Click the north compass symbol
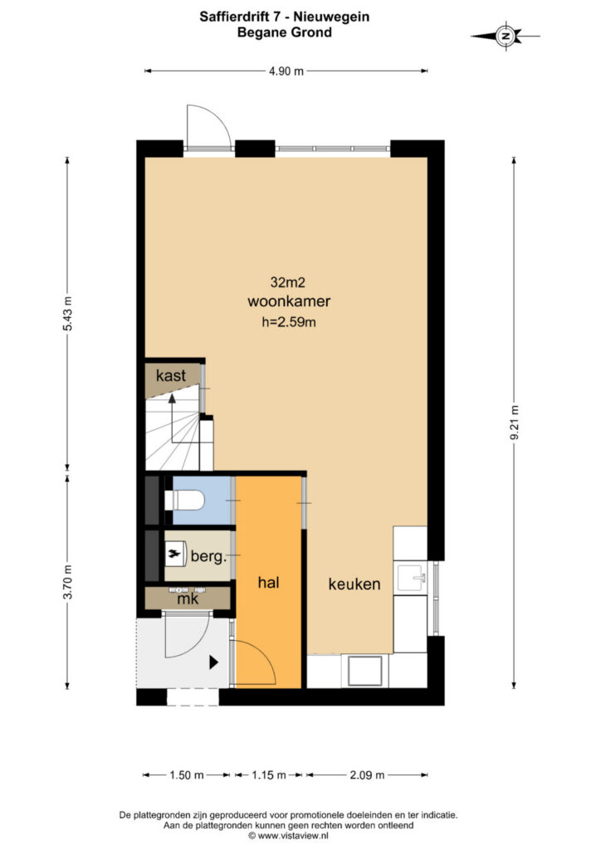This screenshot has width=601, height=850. coord(506,37)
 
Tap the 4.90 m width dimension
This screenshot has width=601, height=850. coord(286,71)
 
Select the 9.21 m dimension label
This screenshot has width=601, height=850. coord(515,423)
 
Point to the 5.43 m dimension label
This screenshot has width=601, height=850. coord(67,313)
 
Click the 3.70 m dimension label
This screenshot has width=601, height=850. coord(67,582)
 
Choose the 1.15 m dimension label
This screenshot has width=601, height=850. coord(269,775)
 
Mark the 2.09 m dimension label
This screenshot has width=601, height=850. coord(367,775)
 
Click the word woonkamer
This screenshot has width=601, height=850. coord(289,301)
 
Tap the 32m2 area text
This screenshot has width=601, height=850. coord(288,282)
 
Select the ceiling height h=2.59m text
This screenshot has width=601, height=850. coord(289,322)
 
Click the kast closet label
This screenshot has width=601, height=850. coord(171,375)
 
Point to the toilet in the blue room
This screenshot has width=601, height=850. coord(184,500)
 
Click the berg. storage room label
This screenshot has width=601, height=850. coord(208,556)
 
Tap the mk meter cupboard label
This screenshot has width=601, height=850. coord(188,599)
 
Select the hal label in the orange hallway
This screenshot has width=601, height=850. coord(269,583)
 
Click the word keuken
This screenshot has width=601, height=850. coord(354,584)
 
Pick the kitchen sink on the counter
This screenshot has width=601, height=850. coord(413,579)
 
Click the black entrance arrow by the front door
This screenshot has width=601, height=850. coord(213,662)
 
